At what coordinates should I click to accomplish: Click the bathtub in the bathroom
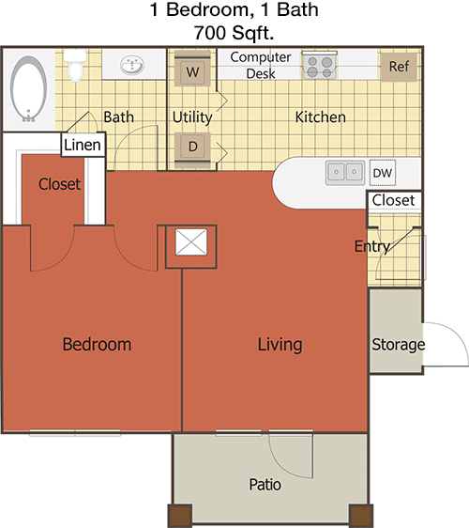tap(28, 88)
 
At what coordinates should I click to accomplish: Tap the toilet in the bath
tap(75, 66)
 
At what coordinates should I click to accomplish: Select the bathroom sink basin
tap(132, 65)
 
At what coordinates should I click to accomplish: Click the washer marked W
tap(192, 70)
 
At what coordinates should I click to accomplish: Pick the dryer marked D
tap(192, 149)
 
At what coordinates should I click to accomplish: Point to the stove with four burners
tap(320, 66)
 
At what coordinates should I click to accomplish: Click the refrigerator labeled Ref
tap(399, 67)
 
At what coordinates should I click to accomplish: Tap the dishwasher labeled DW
tap(383, 173)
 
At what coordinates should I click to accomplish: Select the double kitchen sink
tap(345, 173)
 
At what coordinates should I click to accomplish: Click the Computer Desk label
tap(261, 65)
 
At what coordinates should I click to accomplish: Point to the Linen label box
tap(83, 145)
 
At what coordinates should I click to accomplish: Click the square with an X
tap(191, 242)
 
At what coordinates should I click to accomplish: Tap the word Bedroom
tap(97, 344)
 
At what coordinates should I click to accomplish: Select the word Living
tap(280, 345)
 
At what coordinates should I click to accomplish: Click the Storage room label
tap(398, 345)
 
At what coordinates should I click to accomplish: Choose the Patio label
tap(265, 485)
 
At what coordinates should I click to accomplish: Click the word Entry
tap(372, 246)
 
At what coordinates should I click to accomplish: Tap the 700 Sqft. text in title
tap(234, 33)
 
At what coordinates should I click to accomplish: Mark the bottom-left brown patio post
tap(180, 515)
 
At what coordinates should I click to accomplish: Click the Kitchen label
tap(321, 117)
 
